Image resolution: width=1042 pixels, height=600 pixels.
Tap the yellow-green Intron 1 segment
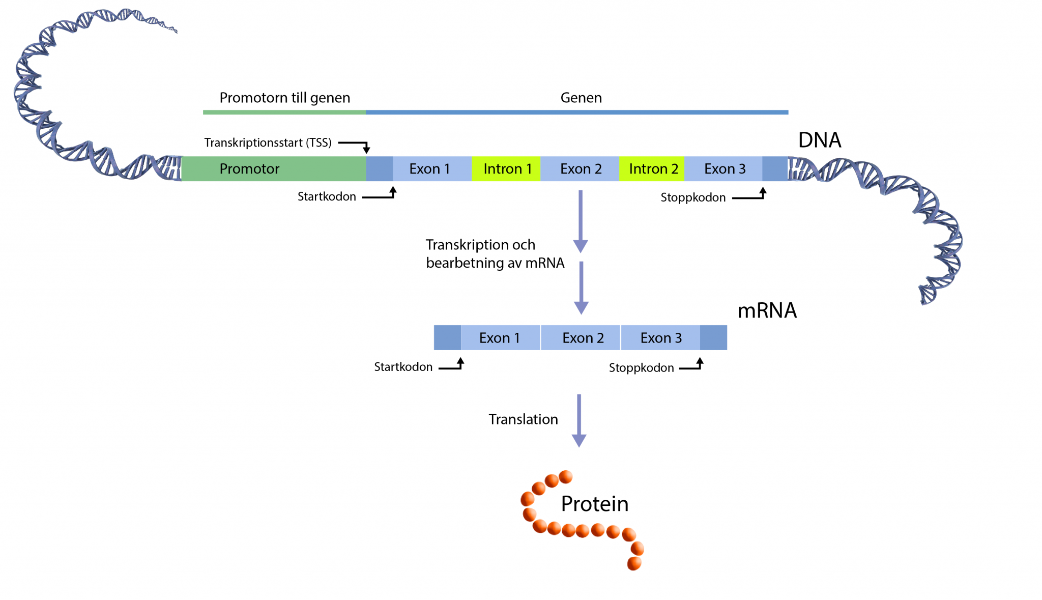pos(506,169)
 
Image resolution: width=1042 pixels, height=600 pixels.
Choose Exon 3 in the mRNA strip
pos(660,338)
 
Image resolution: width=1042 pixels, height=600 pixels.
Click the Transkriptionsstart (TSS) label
pos(268,142)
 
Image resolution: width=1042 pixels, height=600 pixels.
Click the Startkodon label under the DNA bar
pos(327,196)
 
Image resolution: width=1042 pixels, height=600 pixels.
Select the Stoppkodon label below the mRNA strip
pos(641,367)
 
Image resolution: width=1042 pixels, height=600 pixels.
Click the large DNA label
pos(819,140)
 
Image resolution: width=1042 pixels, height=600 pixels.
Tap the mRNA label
pos(767,310)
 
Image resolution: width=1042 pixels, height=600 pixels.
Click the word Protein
pos(594,504)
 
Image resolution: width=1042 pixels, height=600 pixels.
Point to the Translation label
pos(523,419)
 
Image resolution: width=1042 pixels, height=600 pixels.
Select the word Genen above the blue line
pos(581,98)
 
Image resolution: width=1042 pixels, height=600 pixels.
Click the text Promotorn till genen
pos(284,98)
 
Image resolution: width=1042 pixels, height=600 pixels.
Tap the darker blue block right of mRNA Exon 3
pos(713,338)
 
